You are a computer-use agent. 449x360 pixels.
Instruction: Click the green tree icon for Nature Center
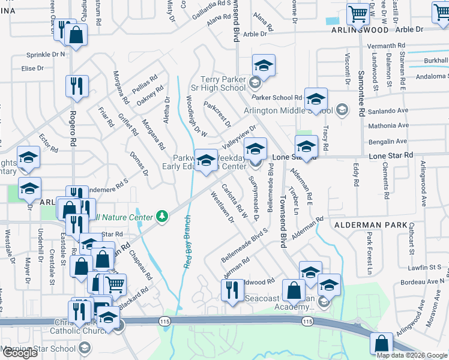point(161,215)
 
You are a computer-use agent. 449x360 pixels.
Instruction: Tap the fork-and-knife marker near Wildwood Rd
point(232,290)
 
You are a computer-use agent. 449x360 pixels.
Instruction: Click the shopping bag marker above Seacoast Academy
point(294,291)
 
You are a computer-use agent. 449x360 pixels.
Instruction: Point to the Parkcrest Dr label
point(217,114)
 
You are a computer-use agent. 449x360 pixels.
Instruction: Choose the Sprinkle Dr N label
point(45,55)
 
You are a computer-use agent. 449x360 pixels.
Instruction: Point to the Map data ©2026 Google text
point(411,355)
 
